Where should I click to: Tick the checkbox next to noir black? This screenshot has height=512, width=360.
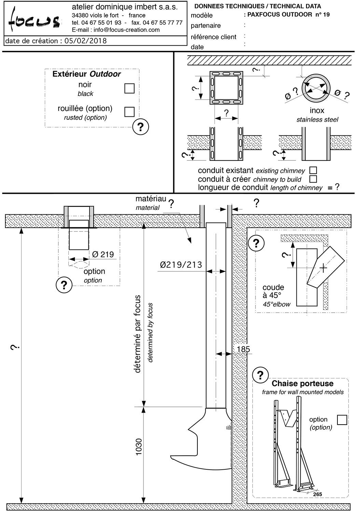pos(129,88)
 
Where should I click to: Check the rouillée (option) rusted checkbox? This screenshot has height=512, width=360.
pos(129,112)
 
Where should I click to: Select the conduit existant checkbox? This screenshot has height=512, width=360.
pos(313,170)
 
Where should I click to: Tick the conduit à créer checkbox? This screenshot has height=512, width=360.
pos(313,179)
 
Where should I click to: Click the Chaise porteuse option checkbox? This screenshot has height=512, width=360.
pos(342,419)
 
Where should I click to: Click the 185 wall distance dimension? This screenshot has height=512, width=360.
pos(243,349)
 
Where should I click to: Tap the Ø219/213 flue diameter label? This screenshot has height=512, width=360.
pos(181,264)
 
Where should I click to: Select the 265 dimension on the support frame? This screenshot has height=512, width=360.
pos(317,494)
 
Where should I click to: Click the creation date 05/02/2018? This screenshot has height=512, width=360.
pos(85,41)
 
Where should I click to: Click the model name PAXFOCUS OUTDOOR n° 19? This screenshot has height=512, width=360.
pos(289,14)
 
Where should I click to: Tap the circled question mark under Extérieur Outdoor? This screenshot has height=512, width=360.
pos(140,127)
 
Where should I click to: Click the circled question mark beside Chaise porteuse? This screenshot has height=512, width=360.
pos(261,375)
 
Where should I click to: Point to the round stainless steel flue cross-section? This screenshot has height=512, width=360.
pos(317,87)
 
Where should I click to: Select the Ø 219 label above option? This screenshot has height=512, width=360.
pos(103,254)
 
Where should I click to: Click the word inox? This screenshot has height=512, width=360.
pos(317,111)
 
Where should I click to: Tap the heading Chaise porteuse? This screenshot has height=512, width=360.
pos(298,383)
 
